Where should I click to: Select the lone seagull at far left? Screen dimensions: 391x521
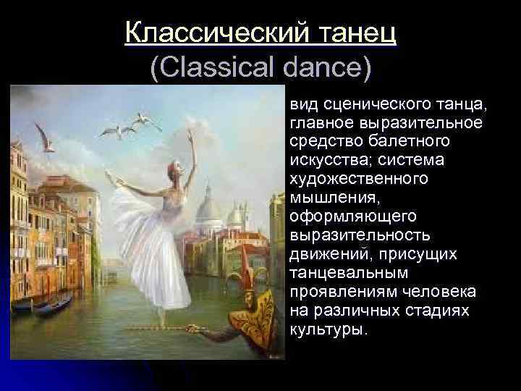pyautogui.click(x=46, y=138)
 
